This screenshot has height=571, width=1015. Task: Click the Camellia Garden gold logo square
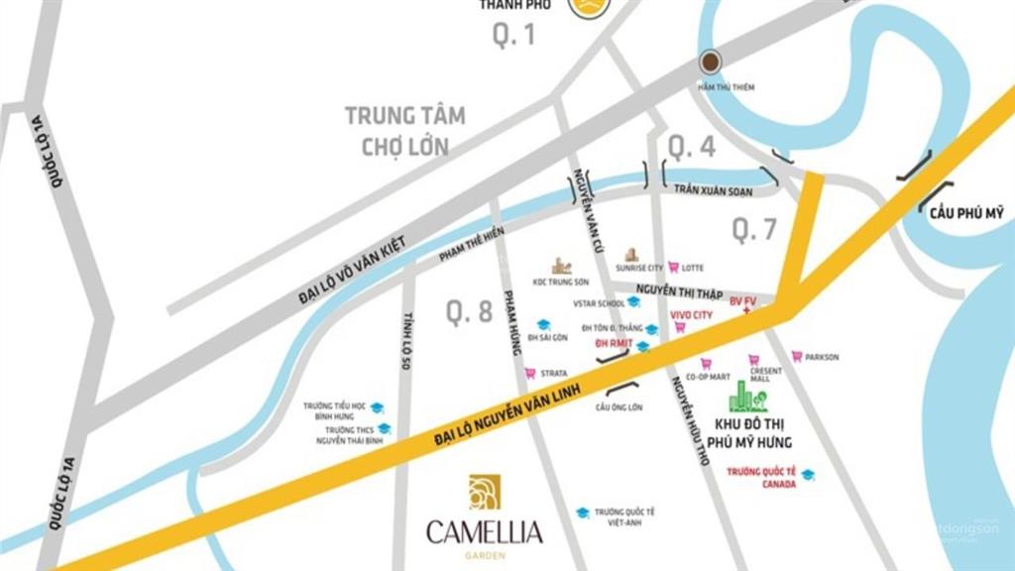485,492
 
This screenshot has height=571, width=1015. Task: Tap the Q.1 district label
513,36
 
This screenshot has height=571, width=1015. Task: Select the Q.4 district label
691,147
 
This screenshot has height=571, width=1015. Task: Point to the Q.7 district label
755,230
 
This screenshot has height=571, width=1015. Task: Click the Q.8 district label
469,312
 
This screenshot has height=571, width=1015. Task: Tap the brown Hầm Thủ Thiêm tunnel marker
711,62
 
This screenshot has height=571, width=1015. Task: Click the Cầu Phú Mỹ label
966,212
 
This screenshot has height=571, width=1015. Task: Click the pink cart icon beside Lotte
674,267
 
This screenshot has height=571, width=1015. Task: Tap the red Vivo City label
691,314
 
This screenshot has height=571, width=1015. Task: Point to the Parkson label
822,357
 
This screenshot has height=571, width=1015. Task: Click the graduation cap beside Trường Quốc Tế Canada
808,475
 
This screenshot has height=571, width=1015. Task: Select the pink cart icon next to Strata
530,373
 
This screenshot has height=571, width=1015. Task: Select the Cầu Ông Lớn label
620,407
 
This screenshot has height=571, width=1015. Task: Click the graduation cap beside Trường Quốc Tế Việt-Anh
584,513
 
